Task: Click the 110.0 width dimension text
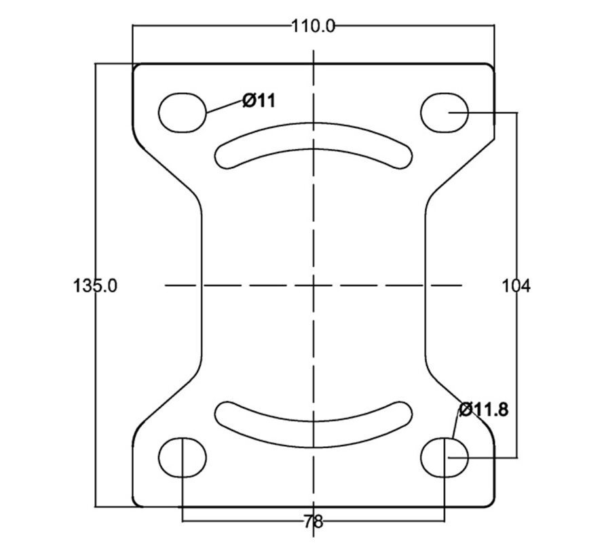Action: pos(313,26)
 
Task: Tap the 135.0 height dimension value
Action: pos(95,286)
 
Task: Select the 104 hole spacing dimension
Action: pos(516,286)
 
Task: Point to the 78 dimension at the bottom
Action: pos(313,522)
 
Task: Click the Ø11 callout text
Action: pos(259,101)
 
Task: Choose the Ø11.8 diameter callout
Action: pos(484,410)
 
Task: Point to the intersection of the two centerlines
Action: pos(314,285)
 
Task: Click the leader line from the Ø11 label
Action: pos(225,106)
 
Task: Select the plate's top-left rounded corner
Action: pos(136,68)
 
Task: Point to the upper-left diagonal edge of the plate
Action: pos(167,167)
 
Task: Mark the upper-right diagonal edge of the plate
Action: pos(462,165)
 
